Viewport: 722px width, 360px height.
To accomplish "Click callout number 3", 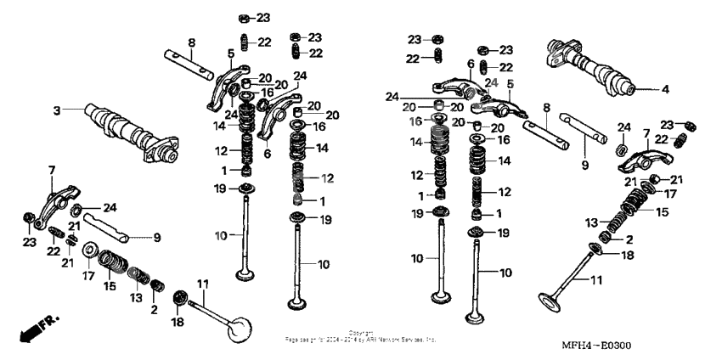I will click(57, 110).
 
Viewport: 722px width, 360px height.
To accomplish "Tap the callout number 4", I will click(665, 88).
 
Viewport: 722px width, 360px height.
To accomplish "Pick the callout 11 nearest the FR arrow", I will click(202, 284).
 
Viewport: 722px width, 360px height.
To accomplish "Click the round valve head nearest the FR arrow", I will click(240, 326).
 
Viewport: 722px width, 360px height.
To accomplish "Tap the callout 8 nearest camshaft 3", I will click(191, 42).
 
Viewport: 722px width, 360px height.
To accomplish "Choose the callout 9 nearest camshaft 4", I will click(584, 165).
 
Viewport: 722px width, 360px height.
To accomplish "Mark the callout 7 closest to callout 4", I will click(646, 133).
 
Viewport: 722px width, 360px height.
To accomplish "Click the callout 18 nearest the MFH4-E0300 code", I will click(627, 255).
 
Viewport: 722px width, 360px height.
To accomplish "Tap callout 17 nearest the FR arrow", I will click(88, 275).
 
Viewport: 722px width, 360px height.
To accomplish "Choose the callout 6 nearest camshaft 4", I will click(470, 64).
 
